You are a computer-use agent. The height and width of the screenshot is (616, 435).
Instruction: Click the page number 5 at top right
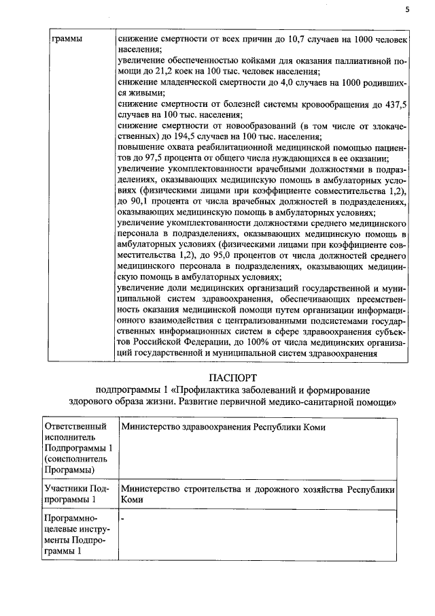coord(408,10)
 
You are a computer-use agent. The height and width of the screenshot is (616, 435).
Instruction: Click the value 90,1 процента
coord(138,202)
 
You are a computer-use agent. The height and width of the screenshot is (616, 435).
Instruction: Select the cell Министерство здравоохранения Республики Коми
coord(222,427)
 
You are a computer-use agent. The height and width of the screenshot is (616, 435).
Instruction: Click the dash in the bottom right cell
coord(122,520)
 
